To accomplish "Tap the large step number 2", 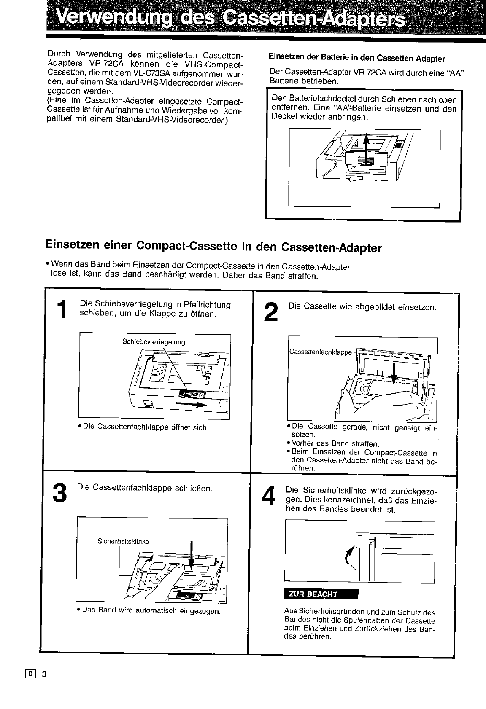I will (270, 312).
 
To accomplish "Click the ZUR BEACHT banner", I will (321, 594).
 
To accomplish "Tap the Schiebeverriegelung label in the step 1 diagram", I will (154, 342).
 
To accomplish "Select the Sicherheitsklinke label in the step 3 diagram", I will (123, 541).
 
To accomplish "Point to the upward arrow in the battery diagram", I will (366, 150).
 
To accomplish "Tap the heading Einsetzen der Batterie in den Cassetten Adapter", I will (356, 58).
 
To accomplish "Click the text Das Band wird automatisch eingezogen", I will (151, 610).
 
